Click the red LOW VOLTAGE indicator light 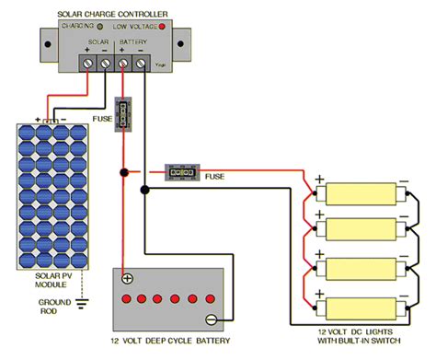(x=162, y=28)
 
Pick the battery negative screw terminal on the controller (x=141, y=64)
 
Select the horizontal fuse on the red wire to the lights (x=180, y=171)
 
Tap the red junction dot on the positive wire (x=122, y=171)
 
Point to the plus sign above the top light (x=319, y=179)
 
